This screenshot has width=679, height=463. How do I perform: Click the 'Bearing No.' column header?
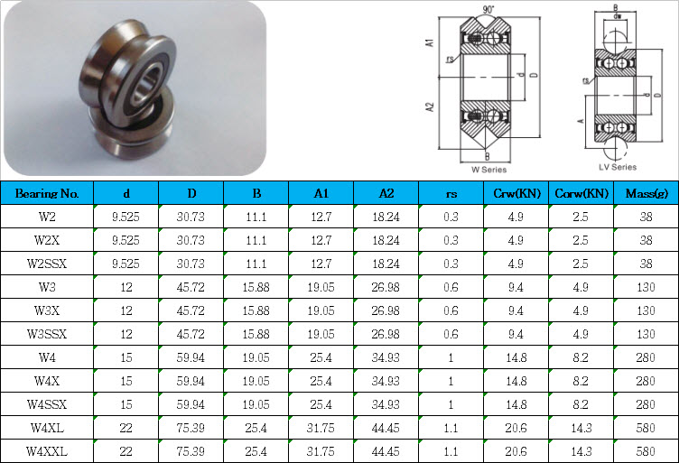point(47,193)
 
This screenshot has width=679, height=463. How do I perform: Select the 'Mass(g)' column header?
point(646,193)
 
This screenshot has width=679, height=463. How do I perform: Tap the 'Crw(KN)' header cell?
point(516,193)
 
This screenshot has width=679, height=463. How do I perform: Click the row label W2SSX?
point(47,264)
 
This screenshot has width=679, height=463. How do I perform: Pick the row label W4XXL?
point(47,451)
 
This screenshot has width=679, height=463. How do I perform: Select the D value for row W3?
point(191,287)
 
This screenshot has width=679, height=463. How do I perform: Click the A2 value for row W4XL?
point(386,428)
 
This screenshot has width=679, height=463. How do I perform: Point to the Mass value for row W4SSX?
point(646,404)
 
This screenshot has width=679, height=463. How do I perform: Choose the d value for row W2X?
point(126,240)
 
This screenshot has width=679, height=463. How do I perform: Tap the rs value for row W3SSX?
point(451,334)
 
